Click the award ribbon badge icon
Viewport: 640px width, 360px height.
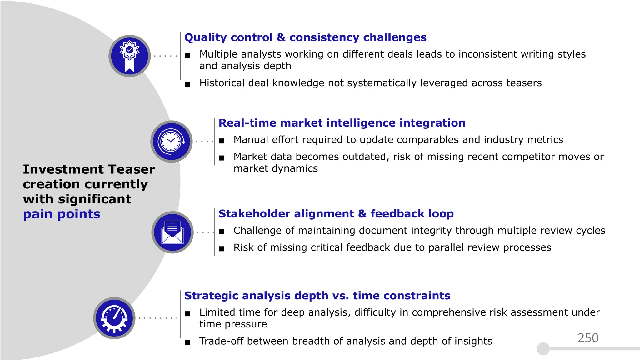(x=130, y=56)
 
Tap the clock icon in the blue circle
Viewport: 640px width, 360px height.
(x=171, y=141)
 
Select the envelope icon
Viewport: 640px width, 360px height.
(x=172, y=232)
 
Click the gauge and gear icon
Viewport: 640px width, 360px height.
(x=114, y=318)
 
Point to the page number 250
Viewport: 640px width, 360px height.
(x=588, y=338)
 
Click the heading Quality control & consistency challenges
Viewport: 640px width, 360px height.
(x=305, y=37)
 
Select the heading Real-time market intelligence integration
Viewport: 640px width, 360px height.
(x=342, y=123)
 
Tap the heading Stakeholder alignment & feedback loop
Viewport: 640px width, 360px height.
(x=336, y=214)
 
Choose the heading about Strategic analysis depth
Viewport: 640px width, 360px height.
(x=317, y=296)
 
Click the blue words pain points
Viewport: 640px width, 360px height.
(x=62, y=214)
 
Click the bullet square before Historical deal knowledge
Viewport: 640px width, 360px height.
(x=187, y=84)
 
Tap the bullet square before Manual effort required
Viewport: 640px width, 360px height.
(x=222, y=141)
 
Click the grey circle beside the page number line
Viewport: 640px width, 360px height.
(x=543, y=349)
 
